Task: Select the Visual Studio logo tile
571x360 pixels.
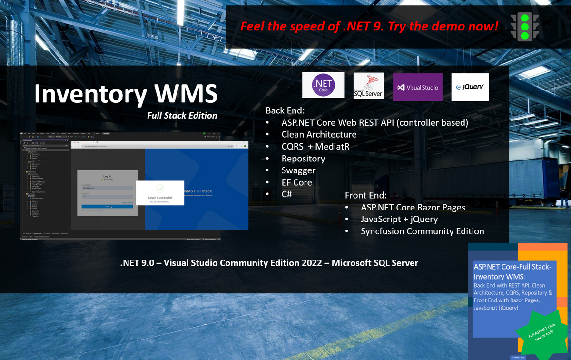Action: point(417,87)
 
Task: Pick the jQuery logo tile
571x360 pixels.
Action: point(470,87)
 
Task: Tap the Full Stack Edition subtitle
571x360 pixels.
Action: point(182,115)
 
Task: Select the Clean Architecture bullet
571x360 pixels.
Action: point(319,134)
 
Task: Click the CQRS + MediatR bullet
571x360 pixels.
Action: point(315,146)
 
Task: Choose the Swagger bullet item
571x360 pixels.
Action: point(298,170)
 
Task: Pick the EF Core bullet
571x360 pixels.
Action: point(296,182)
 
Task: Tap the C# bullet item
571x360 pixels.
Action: point(287,194)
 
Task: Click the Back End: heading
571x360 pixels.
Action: point(285,110)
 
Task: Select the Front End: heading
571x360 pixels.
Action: point(366,195)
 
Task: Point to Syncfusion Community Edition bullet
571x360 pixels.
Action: point(422,231)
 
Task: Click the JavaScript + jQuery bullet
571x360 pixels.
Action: point(399,219)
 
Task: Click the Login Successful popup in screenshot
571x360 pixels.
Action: point(160,193)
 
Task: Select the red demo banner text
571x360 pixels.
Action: point(369,26)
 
